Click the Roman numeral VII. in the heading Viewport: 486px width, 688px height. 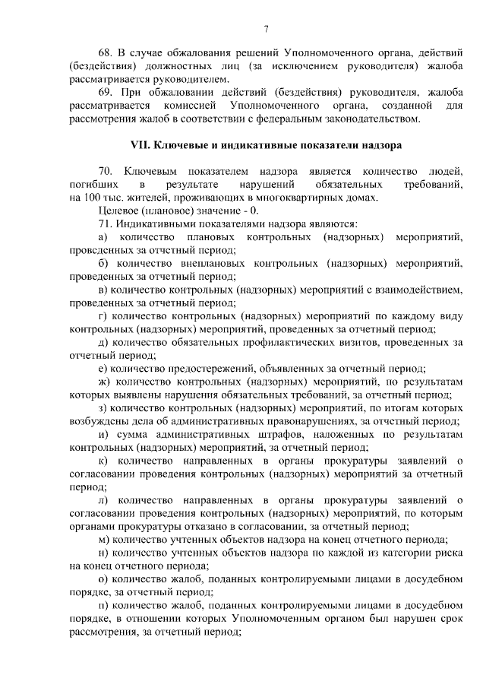click(143, 144)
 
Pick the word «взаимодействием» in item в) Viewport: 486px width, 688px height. click(422, 289)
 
